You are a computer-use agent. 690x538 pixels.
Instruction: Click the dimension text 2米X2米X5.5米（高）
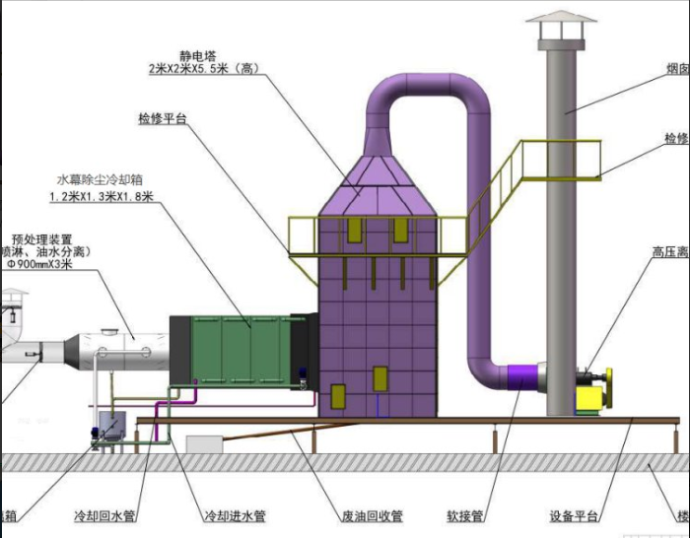click(203, 70)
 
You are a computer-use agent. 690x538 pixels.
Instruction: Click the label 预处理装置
click(41, 237)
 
